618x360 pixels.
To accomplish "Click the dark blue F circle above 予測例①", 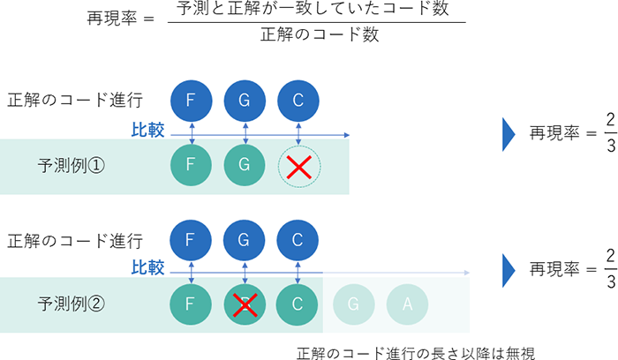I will (191, 100).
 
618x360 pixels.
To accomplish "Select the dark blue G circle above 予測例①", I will (245, 100).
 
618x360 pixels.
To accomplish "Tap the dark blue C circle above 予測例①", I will (298, 100).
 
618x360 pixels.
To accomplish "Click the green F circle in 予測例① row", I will (191, 164).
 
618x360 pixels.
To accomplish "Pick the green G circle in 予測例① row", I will (245, 164).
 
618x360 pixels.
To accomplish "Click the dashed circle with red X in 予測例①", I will (299, 164).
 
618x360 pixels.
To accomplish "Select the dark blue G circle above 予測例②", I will (245, 239).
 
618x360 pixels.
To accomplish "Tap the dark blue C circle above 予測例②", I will (298, 239).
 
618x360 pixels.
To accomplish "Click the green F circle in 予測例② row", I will (191, 303).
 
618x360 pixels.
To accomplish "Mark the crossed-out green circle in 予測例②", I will (245, 303).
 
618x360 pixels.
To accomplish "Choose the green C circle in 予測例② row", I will (298, 303).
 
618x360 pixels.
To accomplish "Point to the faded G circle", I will (352, 303).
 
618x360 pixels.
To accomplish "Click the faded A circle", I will (406, 303).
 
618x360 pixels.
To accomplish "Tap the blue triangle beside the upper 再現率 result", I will (509, 133).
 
